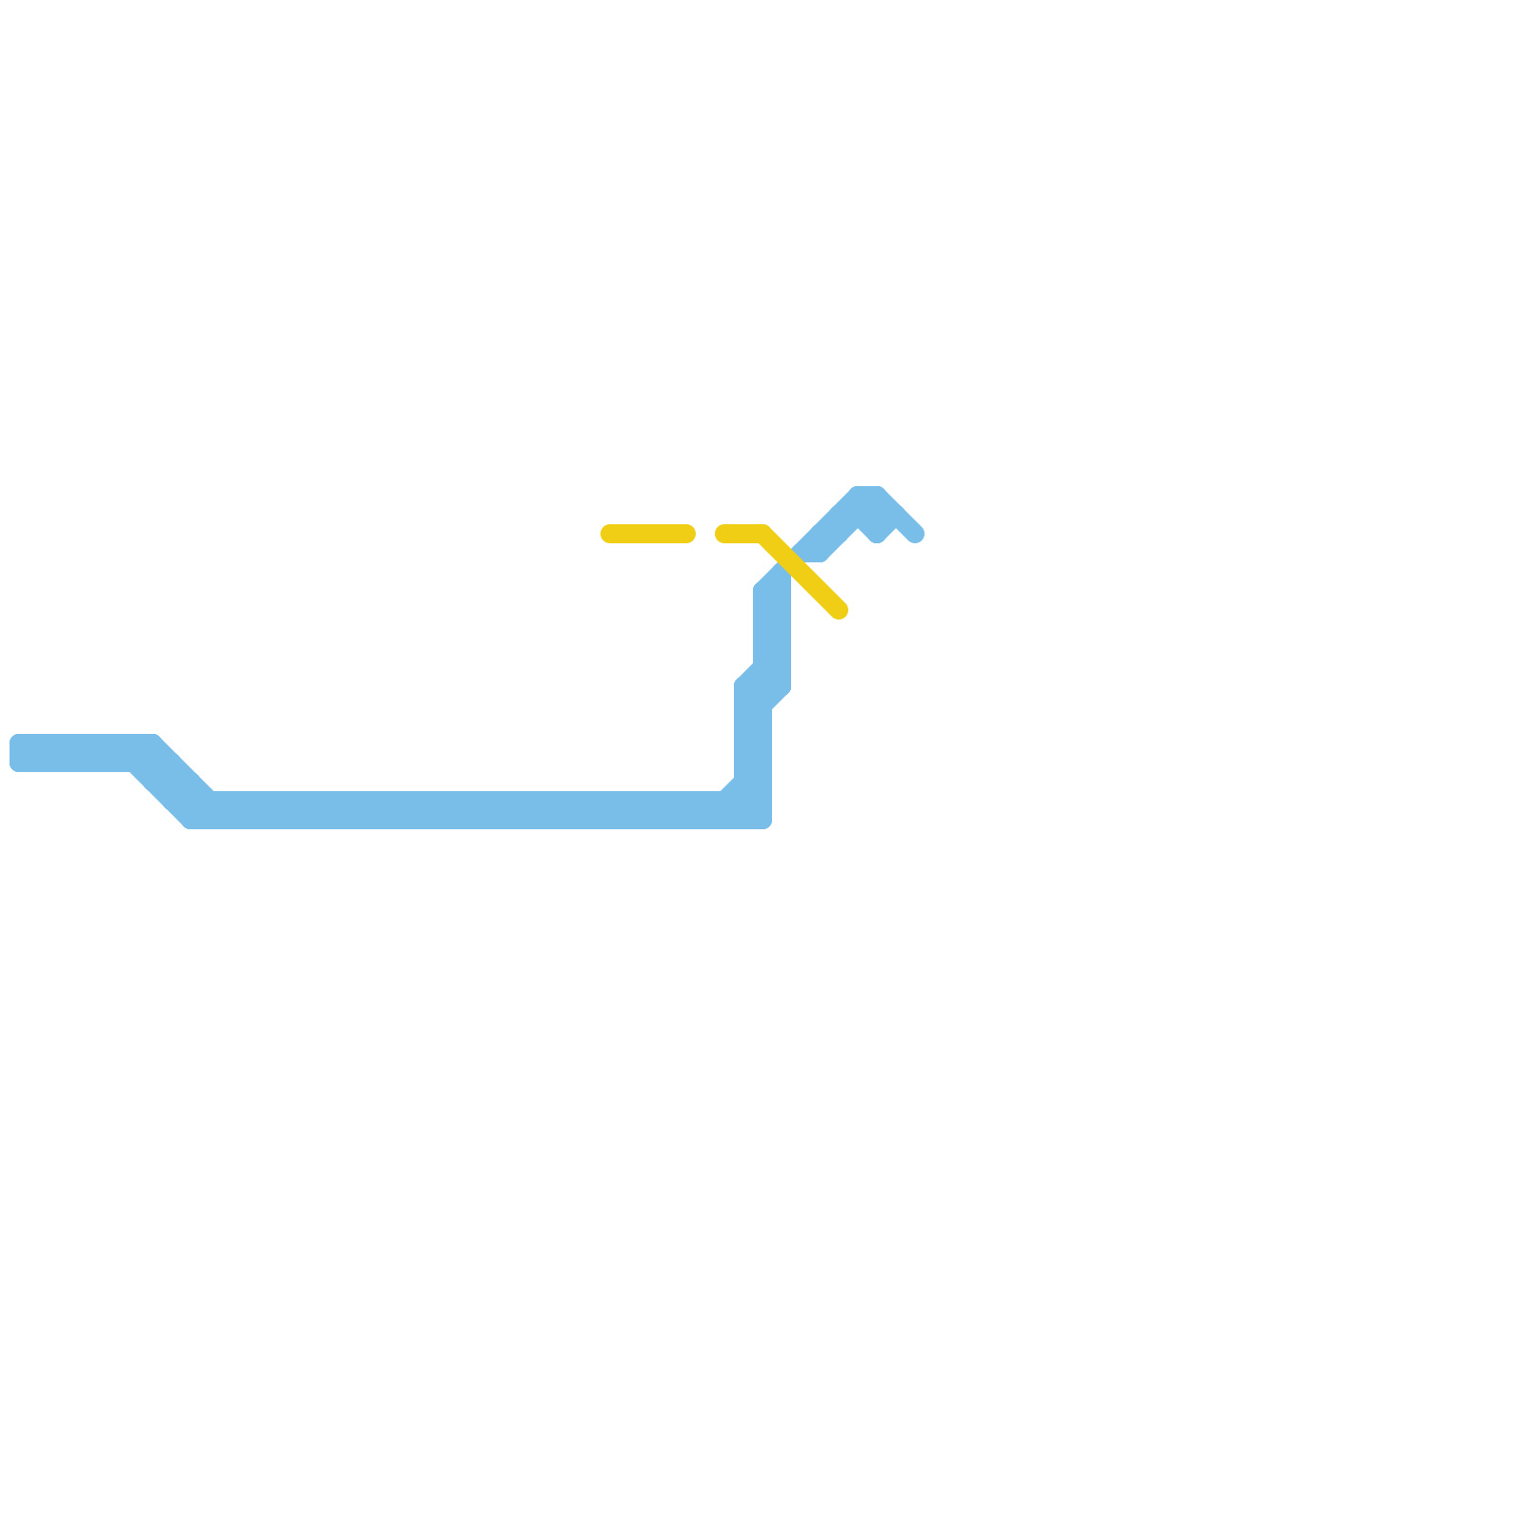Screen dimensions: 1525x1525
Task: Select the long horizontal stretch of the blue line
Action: click(x=457, y=809)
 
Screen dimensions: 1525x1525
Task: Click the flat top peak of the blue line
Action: click(x=867, y=498)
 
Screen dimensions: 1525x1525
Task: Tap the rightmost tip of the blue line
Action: click(x=916, y=535)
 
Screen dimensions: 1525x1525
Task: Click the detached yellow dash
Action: click(x=648, y=534)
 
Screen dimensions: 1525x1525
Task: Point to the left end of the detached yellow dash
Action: click(x=608, y=534)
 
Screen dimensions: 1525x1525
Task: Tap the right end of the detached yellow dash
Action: click(x=687, y=534)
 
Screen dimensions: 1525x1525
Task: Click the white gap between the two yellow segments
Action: click(x=705, y=534)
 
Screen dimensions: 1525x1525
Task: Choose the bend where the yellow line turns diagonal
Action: click(x=762, y=534)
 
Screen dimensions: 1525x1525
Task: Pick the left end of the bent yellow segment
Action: click(x=723, y=534)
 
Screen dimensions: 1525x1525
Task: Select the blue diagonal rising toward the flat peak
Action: click(x=829, y=534)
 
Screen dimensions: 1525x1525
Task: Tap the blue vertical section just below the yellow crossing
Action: click(x=772, y=620)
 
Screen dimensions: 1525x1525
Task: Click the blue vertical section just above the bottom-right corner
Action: click(x=753, y=753)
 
